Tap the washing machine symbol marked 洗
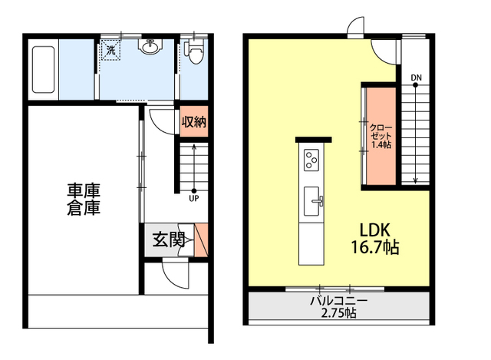(x=111, y=51)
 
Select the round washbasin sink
(x=150, y=48)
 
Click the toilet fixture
(x=193, y=54)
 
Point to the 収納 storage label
(x=193, y=123)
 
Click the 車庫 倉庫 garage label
(x=84, y=198)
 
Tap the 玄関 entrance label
(x=167, y=240)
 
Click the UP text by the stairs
(x=194, y=198)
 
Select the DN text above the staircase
(x=416, y=78)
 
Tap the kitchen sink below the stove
(x=313, y=202)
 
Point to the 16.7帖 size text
(x=376, y=247)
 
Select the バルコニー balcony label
(x=338, y=301)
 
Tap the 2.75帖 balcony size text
(x=338, y=313)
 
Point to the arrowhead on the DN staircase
(x=415, y=181)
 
